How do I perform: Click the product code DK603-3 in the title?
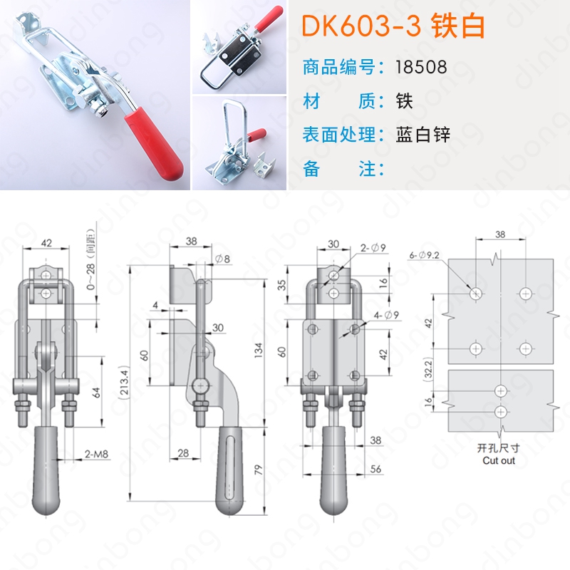(x=362, y=26)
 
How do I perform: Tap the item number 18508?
(x=421, y=67)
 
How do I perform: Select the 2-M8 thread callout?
(x=96, y=454)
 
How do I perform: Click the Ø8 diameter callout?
(x=222, y=259)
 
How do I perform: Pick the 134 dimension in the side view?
(x=258, y=351)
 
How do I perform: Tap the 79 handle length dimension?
(x=258, y=470)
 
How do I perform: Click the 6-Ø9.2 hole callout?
(x=424, y=255)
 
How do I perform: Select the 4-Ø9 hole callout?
(x=387, y=315)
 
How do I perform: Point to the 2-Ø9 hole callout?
(x=373, y=248)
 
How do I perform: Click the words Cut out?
(x=499, y=460)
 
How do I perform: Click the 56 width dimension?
(x=375, y=469)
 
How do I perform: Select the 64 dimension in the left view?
(x=96, y=393)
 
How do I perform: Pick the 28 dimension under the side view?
(x=183, y=453)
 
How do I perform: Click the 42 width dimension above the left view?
(x=46, y=242)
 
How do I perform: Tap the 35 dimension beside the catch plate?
(x=281, y=284)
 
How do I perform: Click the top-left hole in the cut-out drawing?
(x=475, y=293)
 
